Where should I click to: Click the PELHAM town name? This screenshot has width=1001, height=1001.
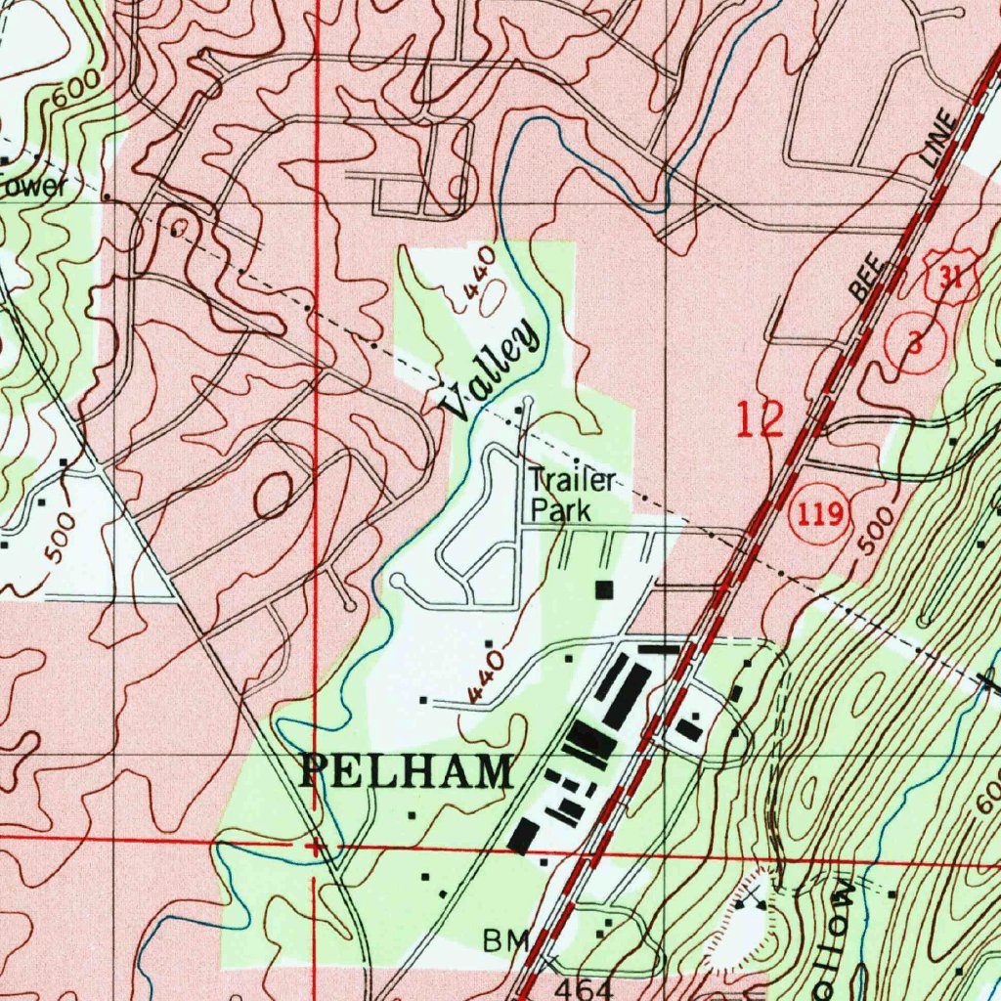(405, 772)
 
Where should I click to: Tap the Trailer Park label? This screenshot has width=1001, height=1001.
(573, 496)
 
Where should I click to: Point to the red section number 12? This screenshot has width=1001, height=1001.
(760, 420)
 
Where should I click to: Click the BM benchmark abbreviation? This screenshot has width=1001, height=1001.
(506, 941)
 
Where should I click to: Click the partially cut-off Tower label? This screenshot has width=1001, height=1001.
(33, 185)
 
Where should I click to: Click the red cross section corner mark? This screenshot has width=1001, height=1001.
(314, 846)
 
